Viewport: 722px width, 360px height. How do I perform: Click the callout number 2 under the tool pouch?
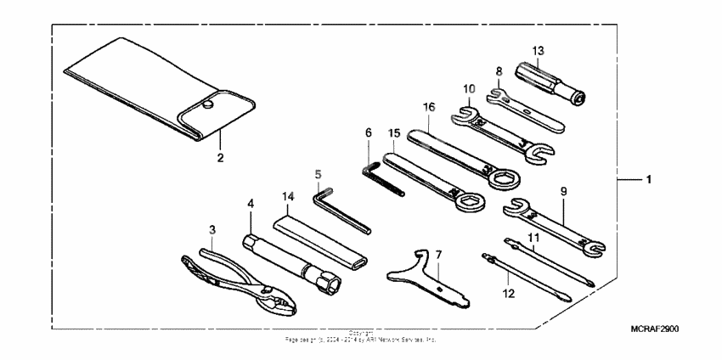click(x=219, y=158)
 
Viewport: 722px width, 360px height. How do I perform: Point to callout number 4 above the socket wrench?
click(x=250, y=204)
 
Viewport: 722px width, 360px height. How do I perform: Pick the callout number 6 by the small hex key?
click(x=368, y=133)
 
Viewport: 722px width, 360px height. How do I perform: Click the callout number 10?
click(x=468, y=87)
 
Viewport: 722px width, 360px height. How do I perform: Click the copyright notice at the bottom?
click(x=361, y=337)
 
